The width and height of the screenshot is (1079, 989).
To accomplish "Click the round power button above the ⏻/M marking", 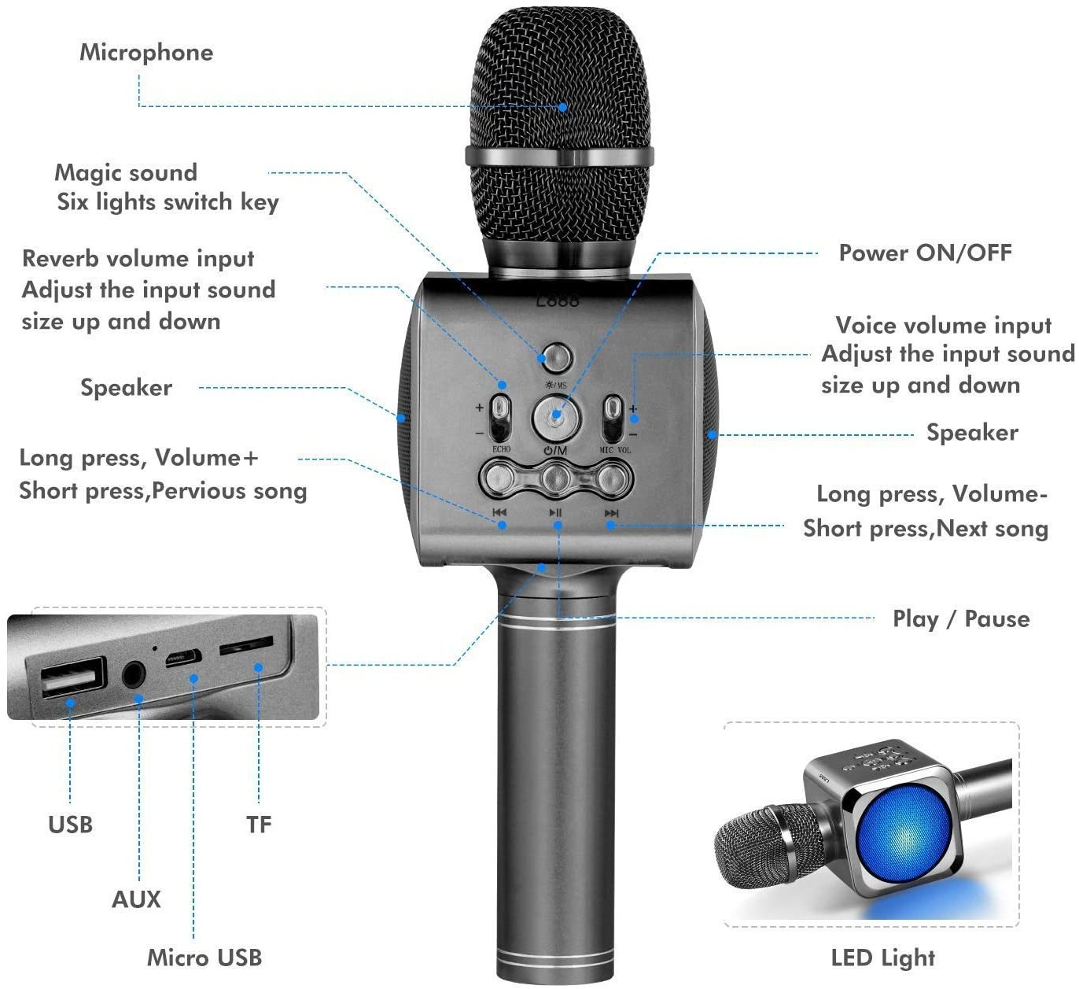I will [556, 417].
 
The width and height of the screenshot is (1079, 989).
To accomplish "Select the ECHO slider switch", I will [499, 417].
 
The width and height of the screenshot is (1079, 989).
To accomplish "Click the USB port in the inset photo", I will [67, 677].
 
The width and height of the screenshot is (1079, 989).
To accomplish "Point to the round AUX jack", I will [134, 674].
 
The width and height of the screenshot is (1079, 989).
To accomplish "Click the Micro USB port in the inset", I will [184, 658].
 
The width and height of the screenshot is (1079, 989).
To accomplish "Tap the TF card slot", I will [246, 646].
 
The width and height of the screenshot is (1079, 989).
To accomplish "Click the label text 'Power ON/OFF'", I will [925, 253].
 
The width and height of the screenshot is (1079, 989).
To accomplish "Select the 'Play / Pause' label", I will [960, 619].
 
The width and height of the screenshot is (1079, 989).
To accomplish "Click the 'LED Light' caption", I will [882, 958].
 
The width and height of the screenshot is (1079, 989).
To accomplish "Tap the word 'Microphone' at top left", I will [146, 53].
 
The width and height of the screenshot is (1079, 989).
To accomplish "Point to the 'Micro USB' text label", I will [204, 958].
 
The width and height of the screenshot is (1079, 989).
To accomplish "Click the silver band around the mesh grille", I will [559, 155].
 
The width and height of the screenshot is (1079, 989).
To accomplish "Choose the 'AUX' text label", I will [136, 899].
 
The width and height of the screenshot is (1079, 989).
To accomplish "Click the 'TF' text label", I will [258, 825].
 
